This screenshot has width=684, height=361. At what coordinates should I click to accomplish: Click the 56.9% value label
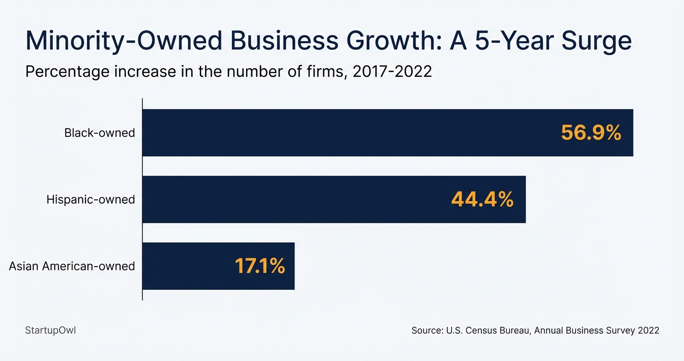click(x=591, y=133)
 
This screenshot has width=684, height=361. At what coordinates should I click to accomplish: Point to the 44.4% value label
click(x=482, y=200)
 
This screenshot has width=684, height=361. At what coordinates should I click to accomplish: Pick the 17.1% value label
click(x=260, y=266)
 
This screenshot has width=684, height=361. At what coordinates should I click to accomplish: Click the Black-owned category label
click(x=99, y=133)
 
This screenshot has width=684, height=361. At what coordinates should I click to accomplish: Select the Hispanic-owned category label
click(x=91, y=200)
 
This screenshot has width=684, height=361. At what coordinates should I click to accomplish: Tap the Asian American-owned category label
click(x=72, y=266)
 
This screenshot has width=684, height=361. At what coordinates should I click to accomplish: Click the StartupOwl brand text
click(x=50, y=330)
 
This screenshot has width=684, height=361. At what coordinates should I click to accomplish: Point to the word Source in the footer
click(x=427, y=331)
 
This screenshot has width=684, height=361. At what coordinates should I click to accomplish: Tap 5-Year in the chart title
click(x=510, y=41)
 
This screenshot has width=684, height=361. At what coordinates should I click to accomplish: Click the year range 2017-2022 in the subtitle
click(x=392, y=72)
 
